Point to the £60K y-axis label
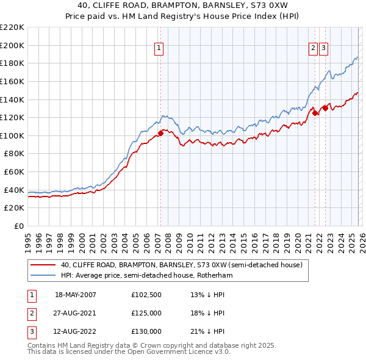coord(14,171)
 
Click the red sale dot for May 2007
coord(160,132)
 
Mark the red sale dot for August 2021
coord(315,112)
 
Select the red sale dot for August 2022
coord(325,107)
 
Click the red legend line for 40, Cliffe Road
coord(43,265)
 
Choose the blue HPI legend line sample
coord(43,276)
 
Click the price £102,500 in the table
coord(146,295)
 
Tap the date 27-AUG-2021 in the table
coord(76,313)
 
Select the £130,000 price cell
coord(146,331)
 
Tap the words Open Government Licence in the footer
coord(184,353)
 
